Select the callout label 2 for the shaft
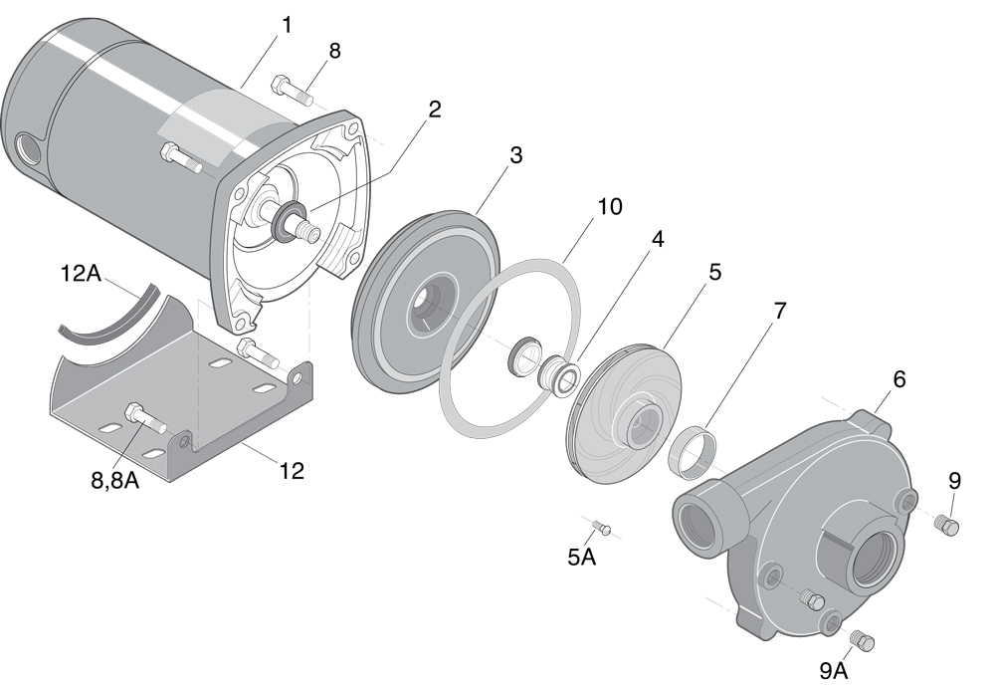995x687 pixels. click(x=434, y=111)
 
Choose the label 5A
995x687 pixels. click(x=581, y=558)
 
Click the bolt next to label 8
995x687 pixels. click(x=290, y=91)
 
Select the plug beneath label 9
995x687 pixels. click(x=948, y=526)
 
